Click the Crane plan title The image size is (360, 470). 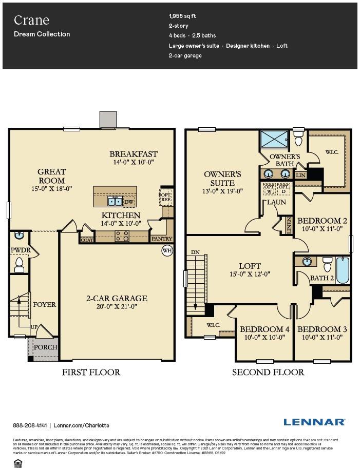point(31,20)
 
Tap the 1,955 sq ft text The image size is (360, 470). point(182,16)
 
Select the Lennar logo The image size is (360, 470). point(314,422)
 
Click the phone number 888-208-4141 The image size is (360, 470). point(30,425)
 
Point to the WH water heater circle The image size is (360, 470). point(167,250)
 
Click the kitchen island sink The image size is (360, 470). point(115,201)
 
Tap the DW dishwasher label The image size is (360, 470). point(128,202)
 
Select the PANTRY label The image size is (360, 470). point(161,239)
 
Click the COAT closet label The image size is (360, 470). point(86,239)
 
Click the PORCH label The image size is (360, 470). point(45,347)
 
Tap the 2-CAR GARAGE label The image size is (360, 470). point(117,298)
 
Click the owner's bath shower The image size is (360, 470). point(274,139)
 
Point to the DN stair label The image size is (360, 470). point(195,252)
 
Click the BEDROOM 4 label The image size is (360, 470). point(261,329)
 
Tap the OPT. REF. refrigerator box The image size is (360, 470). point(165,197)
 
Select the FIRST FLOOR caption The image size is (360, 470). point(91,372)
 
